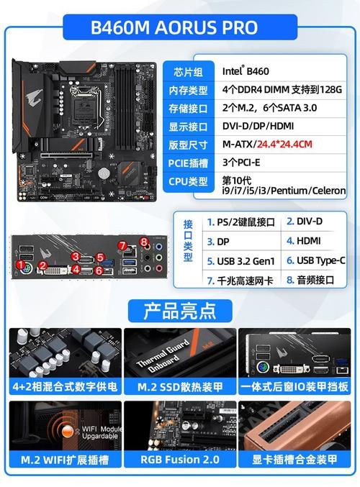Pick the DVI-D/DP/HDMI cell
(258, 126)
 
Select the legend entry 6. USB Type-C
(315, 261)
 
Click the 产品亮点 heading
(180, 311)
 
